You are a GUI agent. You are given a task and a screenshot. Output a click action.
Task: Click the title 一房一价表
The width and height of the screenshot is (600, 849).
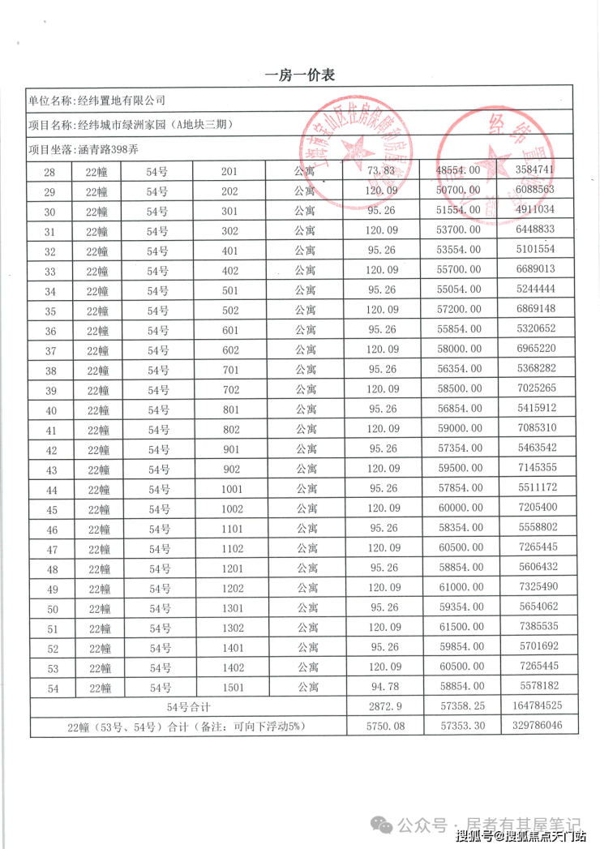[x=300, y=75]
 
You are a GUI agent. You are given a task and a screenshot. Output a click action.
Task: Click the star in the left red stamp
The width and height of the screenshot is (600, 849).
[x=355, y=148]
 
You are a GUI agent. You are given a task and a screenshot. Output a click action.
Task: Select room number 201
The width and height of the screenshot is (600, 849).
[x=229, y=171]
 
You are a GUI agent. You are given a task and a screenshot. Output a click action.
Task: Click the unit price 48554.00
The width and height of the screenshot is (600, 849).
[x=459, y=171]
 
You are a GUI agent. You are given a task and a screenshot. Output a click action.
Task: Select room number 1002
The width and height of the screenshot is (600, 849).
[x=232, y=509]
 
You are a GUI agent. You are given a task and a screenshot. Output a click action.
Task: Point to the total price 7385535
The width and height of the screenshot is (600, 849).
[x=538, y=627]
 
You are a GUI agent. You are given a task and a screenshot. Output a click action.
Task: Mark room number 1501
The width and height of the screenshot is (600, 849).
[x=232, y=688]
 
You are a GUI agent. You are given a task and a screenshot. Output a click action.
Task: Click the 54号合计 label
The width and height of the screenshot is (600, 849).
[x=188, y=707]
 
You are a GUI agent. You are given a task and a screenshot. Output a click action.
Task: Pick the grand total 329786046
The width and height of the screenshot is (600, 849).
[x=537, y=726]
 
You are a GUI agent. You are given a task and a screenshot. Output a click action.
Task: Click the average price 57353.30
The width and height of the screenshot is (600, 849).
[x=460, y=726]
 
